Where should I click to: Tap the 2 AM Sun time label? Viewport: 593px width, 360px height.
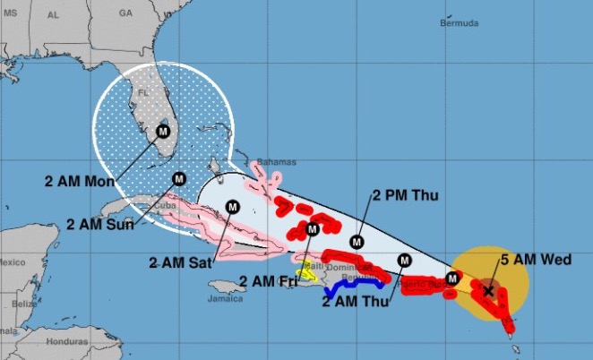pos(100,224)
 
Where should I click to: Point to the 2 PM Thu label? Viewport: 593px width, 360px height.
pos(406,195)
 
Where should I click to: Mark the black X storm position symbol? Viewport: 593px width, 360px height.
pos(488,290)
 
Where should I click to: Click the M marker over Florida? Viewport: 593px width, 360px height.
pos(162,131)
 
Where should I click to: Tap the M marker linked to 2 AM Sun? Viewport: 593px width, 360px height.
pos(179,178)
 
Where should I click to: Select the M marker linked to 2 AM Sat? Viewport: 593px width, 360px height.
pos(232,207)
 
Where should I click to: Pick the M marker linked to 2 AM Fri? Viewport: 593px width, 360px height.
pos(312,229)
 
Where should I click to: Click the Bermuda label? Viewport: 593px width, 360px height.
pos(460,23)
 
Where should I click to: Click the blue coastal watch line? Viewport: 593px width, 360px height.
pos(355,287)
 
